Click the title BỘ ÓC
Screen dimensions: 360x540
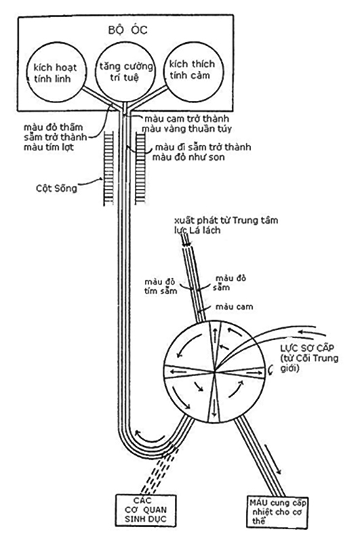pyautogui.click(x=127, y=30)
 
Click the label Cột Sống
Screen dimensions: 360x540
pyautogui.click(x=56, y=188)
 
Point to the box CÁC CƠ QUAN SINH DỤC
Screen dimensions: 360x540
pyautogui.click(x=146, y=510)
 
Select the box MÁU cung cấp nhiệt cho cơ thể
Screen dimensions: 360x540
pyautogui.click(x=277, y=512)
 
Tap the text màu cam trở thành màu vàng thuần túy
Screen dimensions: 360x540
pyautogui.click(x=186, y=124)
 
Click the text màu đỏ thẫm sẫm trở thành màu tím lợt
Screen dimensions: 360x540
pyautogui.click(x=55, y=137)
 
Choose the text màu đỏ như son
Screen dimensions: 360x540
pyautogui.click(x=188, y=157)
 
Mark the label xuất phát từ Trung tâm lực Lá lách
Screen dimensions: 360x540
pyautogui.click(x=226, y=225)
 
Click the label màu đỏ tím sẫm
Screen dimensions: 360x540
pyautogui.click(x=161, y=287)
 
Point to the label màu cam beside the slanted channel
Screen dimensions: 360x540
pyautogui.click(x=235, y=306)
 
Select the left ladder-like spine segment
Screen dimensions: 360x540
pyautogui.click(x=108, y=169)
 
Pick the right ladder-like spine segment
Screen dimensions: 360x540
pyautogui.click(x=140, y=169)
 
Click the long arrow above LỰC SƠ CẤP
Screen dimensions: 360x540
pyautogui.click(x=312, y=333)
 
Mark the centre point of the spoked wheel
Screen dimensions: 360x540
pyautogui.click(x=214, y=371)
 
